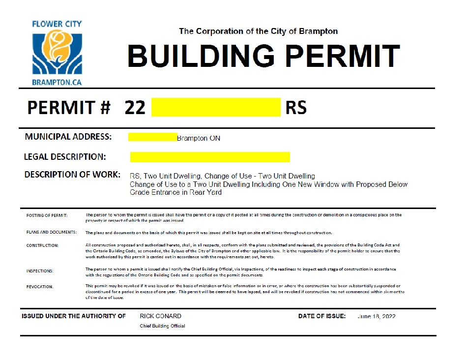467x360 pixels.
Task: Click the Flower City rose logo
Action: (57, 52)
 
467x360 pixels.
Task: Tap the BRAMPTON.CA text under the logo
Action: (57, 82)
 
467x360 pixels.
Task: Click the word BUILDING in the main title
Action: (201, 56)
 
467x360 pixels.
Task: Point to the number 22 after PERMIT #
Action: (135, 107)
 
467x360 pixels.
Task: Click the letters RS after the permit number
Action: (296, 107)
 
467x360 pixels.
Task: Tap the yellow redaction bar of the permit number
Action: (216, 107)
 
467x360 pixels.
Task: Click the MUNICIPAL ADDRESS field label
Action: (68, 137)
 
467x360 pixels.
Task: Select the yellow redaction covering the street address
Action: (152, 137)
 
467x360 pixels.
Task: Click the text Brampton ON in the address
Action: (199, 138)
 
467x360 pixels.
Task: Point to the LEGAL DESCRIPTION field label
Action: (65, 157)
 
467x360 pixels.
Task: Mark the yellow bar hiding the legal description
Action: (210, 157)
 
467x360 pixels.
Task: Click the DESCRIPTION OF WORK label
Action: (72, 175)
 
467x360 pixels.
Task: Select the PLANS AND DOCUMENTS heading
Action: (51, 232)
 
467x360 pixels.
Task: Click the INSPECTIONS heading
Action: (40, 271)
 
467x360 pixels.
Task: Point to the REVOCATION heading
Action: (40, 287)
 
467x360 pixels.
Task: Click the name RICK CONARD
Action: (160, 316)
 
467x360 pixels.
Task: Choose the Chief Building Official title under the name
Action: (162, 326)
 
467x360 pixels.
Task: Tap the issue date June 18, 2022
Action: (377, 316)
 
